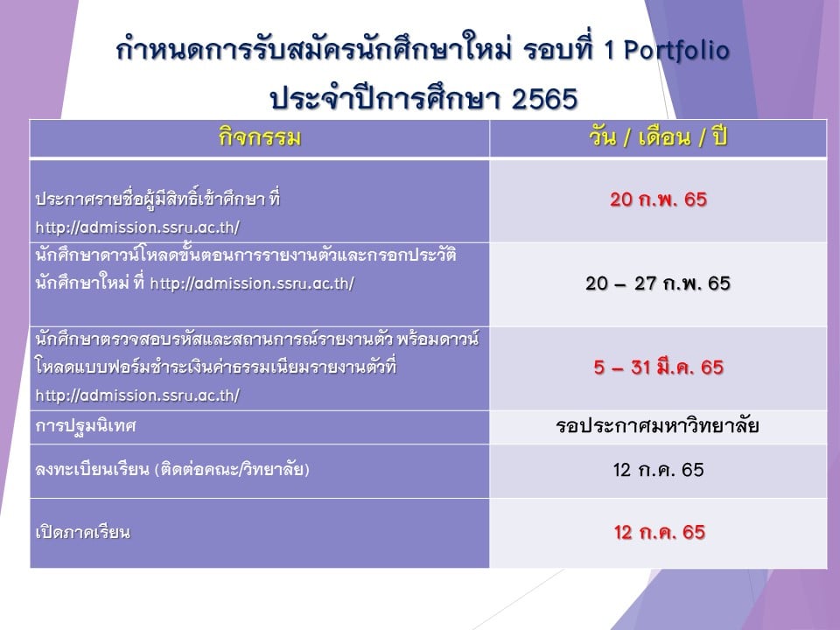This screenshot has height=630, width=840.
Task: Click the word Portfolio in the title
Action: pyautogui.click(x=676, y=52)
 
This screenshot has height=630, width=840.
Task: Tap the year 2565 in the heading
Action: pyautogui.click(x=544, y=99)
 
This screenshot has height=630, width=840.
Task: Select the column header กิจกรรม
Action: pyautogui.click(x=259, y=137)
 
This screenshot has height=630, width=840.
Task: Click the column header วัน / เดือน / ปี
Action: pyautogui.click(x=658, y=137)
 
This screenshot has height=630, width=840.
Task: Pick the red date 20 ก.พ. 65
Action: pyautogui.click(x=658, y=199)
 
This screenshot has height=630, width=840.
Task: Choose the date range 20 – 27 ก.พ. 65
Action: pyautogui.click(x=658, y=283)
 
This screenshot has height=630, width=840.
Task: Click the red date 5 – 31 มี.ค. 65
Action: pyautogui.click(x=658, y=367)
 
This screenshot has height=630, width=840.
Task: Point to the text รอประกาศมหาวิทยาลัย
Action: pyautogui.click(x=657, y=426)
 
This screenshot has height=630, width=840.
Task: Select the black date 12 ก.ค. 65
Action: pyautogui.click(x=658, y=470)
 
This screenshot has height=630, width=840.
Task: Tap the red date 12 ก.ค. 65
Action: pyautogui.click(x=660, y=532)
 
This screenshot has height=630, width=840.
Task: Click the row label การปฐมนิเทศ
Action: pyautogui.click(x=86, y=426)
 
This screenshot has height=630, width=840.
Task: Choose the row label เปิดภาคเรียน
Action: pyautogui.click(x=82, y=532)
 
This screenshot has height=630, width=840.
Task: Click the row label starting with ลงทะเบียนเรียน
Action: pyautogui.click(x=172, y=470)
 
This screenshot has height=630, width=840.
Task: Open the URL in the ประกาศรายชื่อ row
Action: pyautogui.click(x=137, y=227)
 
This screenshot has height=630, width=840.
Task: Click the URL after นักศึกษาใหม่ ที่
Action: pyautogui.click(x=252, y=283)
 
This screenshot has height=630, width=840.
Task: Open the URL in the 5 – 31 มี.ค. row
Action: pyautogui.click(x=137, y=395)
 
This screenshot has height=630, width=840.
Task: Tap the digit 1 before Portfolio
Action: pyautogui.click(x=609, y=52)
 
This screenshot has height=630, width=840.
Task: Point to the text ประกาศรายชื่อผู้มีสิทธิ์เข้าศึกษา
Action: pyautogui.click(x=150, y=199)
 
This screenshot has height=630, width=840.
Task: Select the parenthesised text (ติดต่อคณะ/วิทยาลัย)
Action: pyautogui.click(x=232, y=470)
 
